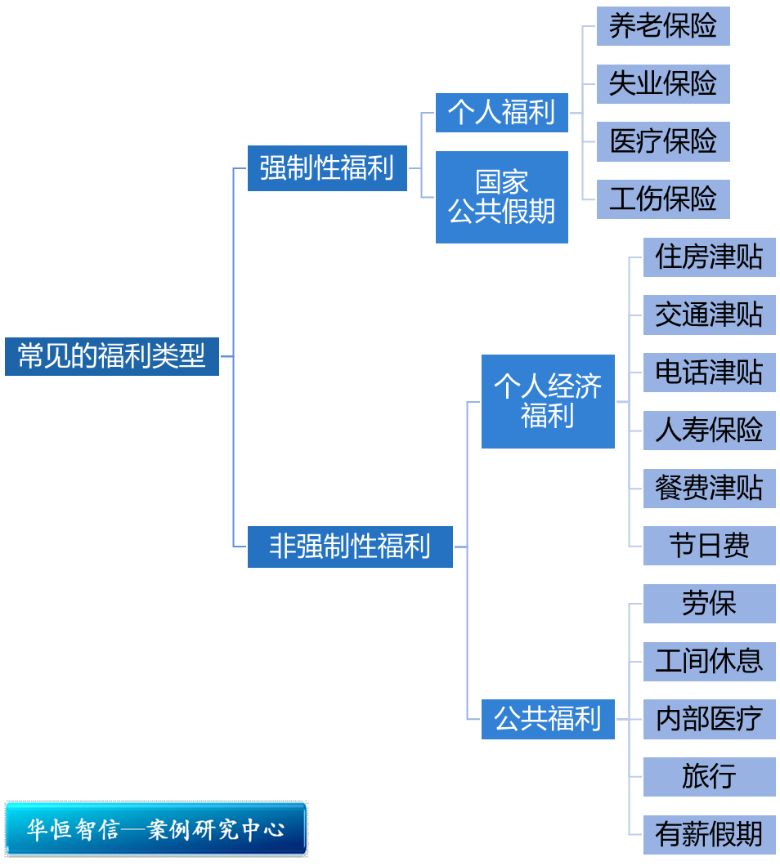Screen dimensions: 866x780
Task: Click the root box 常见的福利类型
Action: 112,356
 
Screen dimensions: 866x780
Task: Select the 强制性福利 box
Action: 327,168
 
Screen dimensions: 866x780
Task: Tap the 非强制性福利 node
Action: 350,547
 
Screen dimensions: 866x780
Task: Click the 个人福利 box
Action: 501,113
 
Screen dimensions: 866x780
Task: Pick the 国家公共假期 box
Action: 501,197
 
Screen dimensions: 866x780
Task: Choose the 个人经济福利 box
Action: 548,401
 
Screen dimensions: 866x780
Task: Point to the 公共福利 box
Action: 548,719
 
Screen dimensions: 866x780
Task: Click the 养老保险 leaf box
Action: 662,26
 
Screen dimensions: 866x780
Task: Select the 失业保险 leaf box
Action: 662,84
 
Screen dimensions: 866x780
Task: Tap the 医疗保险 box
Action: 662,141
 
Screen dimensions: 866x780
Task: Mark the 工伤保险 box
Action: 662,199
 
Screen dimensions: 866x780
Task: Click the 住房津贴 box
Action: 709,257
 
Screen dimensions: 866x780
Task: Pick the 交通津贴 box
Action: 709,315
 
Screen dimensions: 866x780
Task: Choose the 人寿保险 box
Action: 709,431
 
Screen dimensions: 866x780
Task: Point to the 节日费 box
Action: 709,546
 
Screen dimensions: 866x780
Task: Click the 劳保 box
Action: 709,604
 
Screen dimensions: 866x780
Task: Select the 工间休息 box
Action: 709,661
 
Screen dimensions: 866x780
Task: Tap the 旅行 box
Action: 709,777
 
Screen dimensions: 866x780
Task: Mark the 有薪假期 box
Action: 709,834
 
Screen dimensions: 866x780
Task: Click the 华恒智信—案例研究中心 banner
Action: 156,829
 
